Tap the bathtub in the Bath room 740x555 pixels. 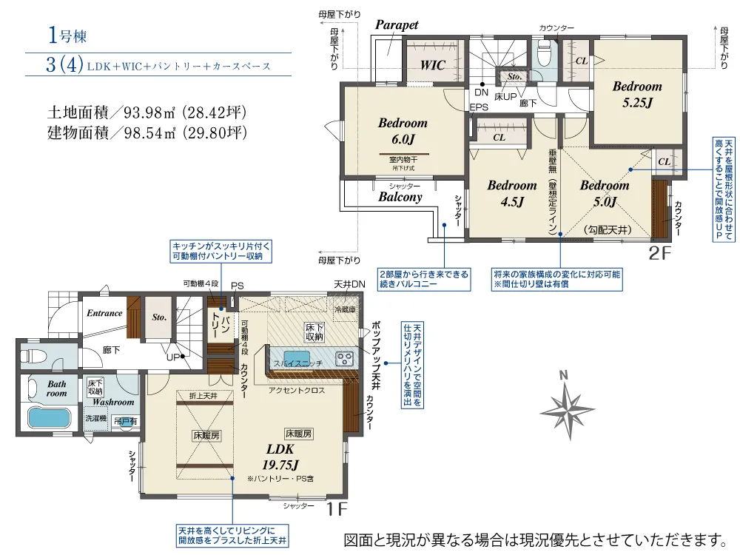click(x=48, y=417)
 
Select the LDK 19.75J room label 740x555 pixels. click(x=280, y=457)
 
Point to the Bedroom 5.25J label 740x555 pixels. click(x=636, y=93)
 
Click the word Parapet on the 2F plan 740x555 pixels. click(x=397, y=25)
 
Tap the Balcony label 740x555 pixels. click(x=400, y=197)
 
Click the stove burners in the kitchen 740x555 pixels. click(x=345, y=359)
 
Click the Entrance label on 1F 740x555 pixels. click(x=104, y=313)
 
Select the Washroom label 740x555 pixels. click(x=113, y=402)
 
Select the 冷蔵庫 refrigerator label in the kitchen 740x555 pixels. click(x=346, y=309)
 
